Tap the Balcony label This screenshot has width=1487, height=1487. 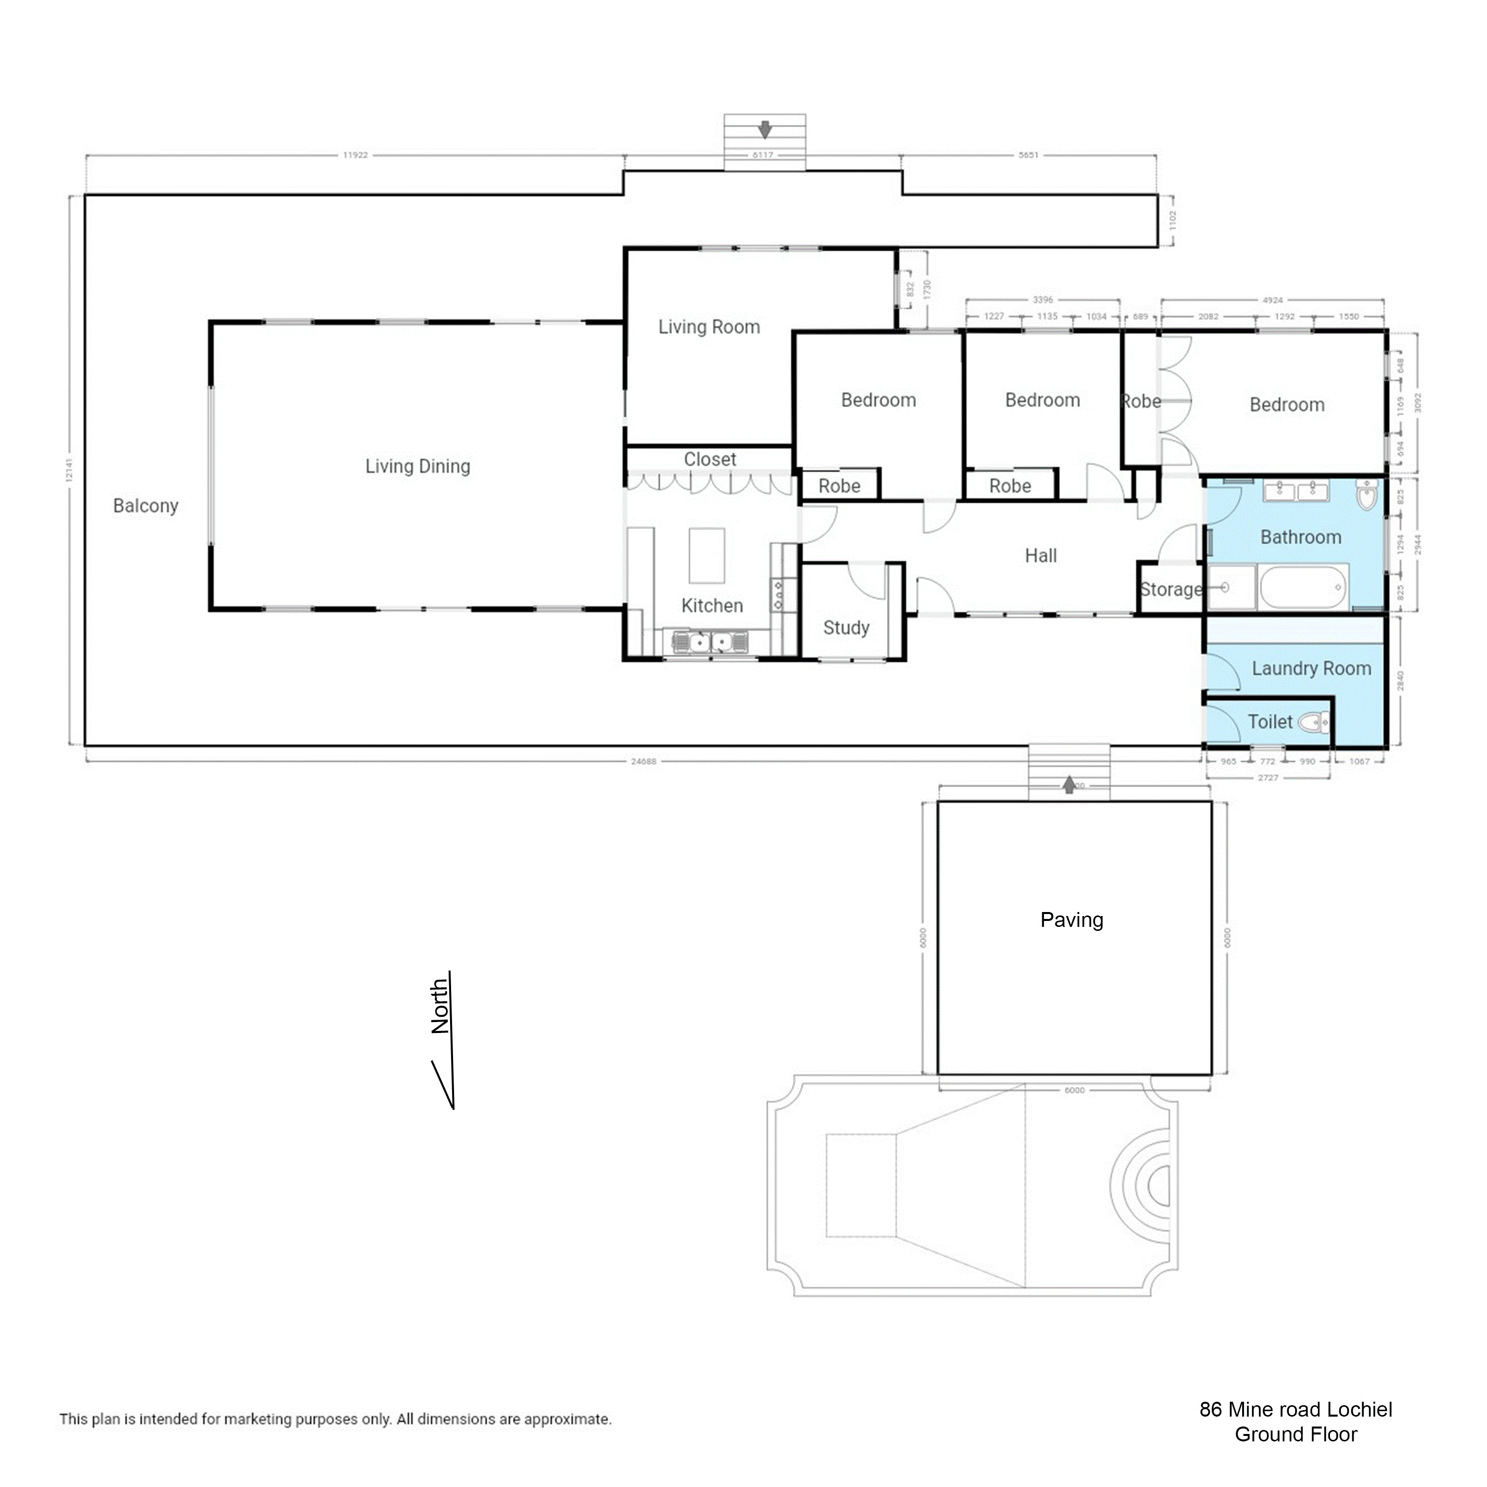[145, 506]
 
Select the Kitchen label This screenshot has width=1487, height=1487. [712, 606]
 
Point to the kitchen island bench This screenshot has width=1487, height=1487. [706, 555]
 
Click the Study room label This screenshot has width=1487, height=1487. [846, 628]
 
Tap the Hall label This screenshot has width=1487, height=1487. [1040, 556]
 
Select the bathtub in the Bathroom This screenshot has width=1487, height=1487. [1304, 587]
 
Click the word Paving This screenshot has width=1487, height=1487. [1071, 920]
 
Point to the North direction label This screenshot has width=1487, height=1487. [440, 1006]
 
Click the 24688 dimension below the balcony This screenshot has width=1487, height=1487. [643, 761]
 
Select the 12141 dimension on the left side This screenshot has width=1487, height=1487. [69, 470]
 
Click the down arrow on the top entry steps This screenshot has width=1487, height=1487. [764, 129]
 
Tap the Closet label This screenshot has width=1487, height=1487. [710, 459]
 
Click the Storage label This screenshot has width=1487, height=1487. [1171, 589]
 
